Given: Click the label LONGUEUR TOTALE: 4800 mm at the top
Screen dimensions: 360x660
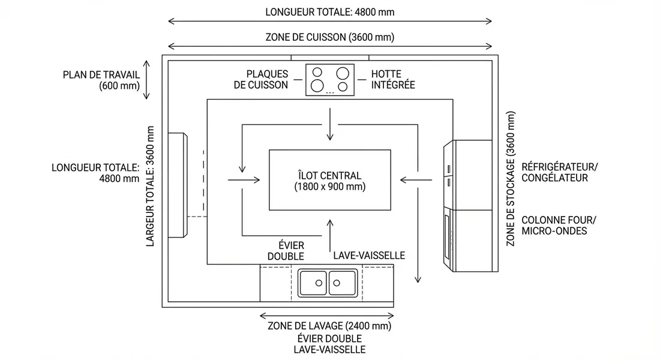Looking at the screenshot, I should pos(329,12).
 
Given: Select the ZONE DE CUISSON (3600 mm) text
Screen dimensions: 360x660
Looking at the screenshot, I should pos(329,37).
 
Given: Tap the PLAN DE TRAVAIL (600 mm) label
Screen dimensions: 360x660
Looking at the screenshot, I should pos(101,80).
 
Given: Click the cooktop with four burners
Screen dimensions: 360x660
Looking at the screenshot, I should pos(329,80).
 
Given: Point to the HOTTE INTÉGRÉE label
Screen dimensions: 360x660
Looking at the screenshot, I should pos(393,80).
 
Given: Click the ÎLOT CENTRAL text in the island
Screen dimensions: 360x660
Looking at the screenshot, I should pos(329,176).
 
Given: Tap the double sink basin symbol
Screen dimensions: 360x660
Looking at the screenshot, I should pos(328,282).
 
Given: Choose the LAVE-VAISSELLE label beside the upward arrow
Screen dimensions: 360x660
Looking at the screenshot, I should pos(369,256).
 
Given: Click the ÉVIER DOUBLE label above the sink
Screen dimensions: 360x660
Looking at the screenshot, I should pos(292,251).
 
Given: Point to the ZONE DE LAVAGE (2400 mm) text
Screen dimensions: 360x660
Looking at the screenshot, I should pos(329,326).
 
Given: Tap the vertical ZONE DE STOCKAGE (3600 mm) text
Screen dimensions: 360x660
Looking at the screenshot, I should pos(511,178).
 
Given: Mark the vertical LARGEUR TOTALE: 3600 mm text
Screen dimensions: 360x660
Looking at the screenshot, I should pos(151,186).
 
